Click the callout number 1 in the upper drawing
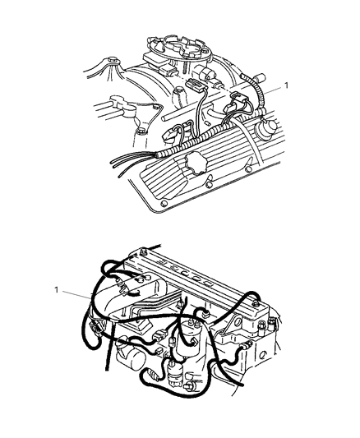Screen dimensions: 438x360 point(285,85)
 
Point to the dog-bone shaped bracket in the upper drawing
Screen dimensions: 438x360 point(117,106)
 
